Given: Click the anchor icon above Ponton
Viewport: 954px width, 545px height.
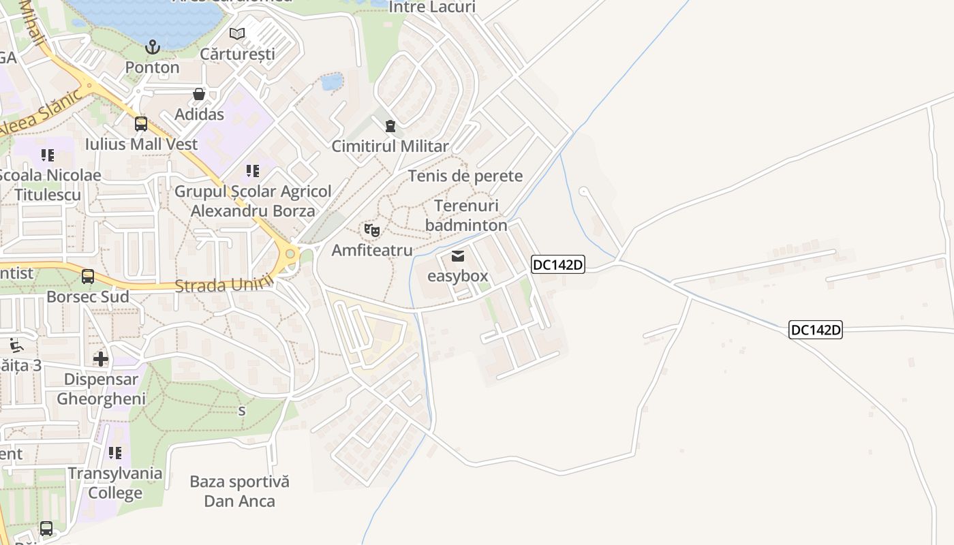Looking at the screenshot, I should (153, 47).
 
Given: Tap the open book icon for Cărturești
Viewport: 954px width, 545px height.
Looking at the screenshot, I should (237, 33).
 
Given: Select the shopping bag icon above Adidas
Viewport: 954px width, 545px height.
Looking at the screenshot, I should (199, 94).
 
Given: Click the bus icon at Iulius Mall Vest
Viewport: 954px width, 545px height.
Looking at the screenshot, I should (141, 124).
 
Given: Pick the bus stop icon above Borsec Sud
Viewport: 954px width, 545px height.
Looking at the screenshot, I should (88, 277).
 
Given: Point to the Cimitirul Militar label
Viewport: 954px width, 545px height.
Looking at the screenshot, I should (390, 146).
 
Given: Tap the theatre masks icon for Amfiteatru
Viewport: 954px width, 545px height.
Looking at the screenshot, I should (372, 231).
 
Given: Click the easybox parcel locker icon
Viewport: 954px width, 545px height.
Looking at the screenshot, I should (458, 256).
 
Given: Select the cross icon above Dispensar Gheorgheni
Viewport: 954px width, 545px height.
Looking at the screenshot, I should (101, 359).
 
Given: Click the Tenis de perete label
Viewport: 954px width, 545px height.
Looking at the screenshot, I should (465, 176).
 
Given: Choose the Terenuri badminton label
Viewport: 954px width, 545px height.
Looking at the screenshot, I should (466, 215).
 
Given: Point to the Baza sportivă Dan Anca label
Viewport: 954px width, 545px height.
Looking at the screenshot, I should (239, 491).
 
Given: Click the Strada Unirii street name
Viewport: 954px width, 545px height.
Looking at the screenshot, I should (225, 284).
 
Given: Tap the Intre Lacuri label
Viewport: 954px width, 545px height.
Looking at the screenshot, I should (432, 7).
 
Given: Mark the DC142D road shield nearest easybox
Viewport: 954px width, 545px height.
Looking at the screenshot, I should (558, 264).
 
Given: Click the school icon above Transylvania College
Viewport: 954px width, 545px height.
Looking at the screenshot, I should (115, 453).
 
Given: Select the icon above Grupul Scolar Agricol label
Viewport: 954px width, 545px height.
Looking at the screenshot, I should (253, 171).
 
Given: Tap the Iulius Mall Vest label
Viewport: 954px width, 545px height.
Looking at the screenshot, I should (141, 144).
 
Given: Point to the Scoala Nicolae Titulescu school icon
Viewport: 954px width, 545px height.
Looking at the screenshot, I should (47, 155).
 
